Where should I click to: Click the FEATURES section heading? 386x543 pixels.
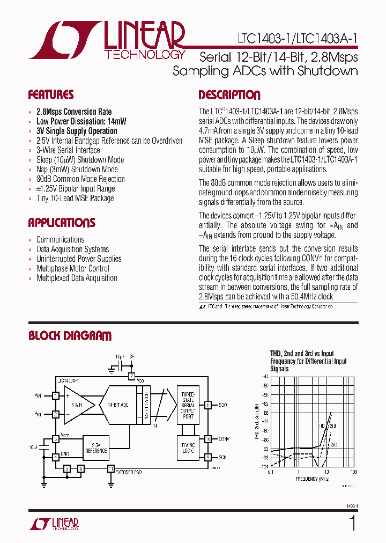[x=51, y=96]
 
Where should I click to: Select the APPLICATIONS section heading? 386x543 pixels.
[x=62, y=223]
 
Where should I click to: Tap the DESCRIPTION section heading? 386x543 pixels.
[x=229, y=96]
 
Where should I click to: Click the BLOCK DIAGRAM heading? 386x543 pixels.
[x=70, y=336]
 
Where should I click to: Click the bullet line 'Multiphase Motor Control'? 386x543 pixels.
[x=72, y=268]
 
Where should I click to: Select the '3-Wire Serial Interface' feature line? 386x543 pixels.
[x=68, y=150]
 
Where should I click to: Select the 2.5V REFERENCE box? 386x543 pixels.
[x=95, y=447]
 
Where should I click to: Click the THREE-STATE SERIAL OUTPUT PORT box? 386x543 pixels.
[x=188, y=405]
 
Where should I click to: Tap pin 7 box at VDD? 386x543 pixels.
[x=131, y=377]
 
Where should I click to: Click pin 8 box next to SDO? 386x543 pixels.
[x=208, y=405]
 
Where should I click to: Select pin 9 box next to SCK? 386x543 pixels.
[x=208, y=457]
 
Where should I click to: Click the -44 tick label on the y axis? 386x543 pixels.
[x=265, y=377]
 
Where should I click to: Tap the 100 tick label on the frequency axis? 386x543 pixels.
[x=353, y=472]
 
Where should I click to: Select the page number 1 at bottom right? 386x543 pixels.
[x=352, y=523]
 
